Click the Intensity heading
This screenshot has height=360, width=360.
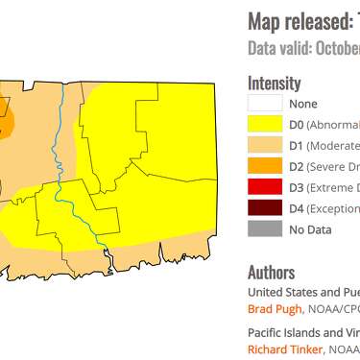pyautogui.click(x=275, y=84)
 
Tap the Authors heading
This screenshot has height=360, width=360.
pyautogui.click(x=273, y=273)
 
